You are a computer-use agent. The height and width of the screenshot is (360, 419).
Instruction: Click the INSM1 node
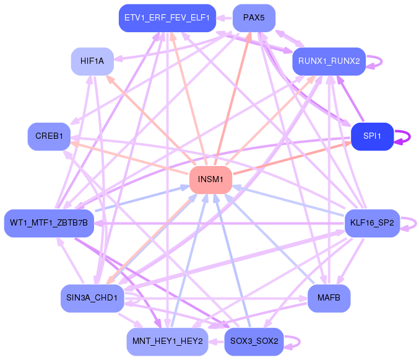210,180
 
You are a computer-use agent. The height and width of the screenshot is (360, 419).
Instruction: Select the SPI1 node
372,136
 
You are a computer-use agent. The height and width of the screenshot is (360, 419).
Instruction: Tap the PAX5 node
254,18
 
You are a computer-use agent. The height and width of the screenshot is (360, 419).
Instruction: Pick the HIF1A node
92,61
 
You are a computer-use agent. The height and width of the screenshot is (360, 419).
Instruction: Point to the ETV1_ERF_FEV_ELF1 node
166,18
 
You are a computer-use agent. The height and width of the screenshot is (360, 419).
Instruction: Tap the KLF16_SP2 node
371,222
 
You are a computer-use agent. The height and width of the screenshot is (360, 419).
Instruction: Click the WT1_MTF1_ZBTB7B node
49,222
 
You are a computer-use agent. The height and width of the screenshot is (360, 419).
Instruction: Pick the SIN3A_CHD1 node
93,299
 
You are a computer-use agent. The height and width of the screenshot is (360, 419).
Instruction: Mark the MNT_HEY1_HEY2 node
166,341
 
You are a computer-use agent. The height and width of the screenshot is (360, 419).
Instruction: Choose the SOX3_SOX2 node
254,341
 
